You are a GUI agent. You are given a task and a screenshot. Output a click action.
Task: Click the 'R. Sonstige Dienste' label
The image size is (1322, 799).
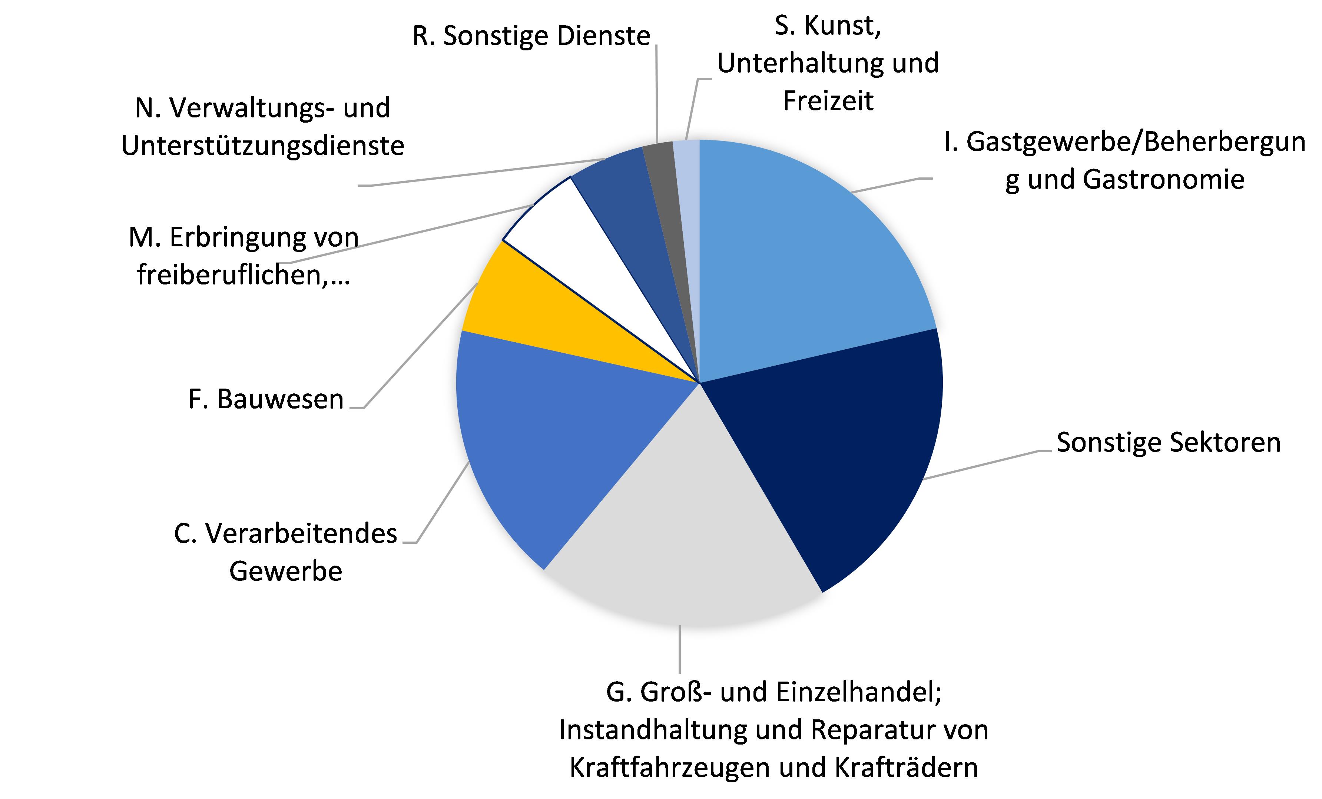point(531,36)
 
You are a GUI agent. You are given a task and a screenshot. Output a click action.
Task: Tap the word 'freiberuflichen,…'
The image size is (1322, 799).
point(243,276)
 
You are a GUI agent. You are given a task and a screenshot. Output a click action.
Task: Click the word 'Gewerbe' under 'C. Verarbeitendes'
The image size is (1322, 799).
point(285,571)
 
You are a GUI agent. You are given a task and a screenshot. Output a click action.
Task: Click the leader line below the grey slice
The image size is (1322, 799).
point(680,649)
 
